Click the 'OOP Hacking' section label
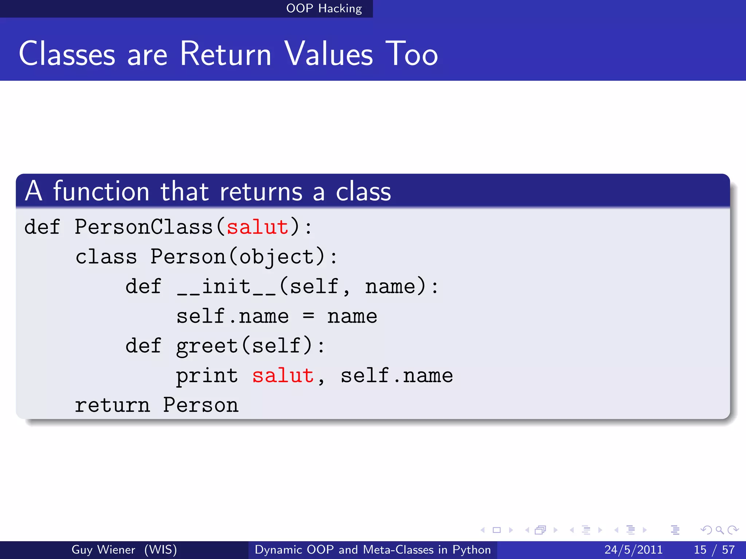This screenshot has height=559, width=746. pos(324,8)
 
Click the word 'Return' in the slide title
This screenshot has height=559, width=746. pos(226,54)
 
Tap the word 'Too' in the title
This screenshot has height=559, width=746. pos(411,54)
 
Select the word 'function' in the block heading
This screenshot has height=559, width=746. pos(101,191)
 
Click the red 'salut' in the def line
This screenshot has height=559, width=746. pos(258,227)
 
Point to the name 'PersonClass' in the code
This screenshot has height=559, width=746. pos(144,227)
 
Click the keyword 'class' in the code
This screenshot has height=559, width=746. pos(106,257)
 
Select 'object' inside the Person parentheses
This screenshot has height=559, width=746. pos(276,257)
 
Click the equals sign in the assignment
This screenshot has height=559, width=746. pos(308,316)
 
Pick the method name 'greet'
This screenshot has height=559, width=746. pos(207,346)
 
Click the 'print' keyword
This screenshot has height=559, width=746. pos(207,376)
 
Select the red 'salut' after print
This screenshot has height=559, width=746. pos(283,376)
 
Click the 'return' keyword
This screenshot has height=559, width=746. pos(112,405)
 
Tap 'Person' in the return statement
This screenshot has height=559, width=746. pos(201,405)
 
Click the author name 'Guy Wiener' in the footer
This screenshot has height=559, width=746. pos(103,550)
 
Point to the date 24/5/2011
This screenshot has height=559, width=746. pos(633,550)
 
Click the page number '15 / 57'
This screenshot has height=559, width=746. pos(714,550)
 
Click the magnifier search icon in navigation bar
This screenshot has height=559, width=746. pos(719,530)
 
